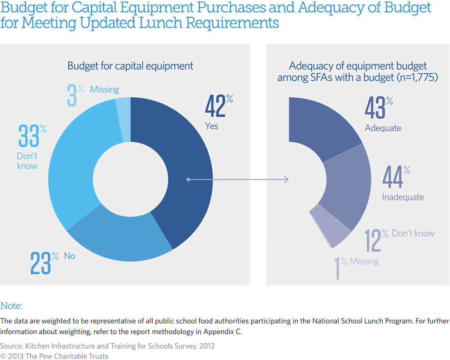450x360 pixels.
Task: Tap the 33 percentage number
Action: click(28, 136)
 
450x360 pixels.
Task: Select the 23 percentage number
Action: click(40, 262)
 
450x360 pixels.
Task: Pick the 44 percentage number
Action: click(392, 177)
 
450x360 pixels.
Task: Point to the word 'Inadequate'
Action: click(403, 197)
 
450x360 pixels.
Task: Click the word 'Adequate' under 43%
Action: click(383, 128)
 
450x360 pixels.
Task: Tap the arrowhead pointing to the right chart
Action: click(286, 180)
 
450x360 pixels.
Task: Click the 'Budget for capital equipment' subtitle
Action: click(130, 66)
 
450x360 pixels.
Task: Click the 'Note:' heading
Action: click(11, 306)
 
